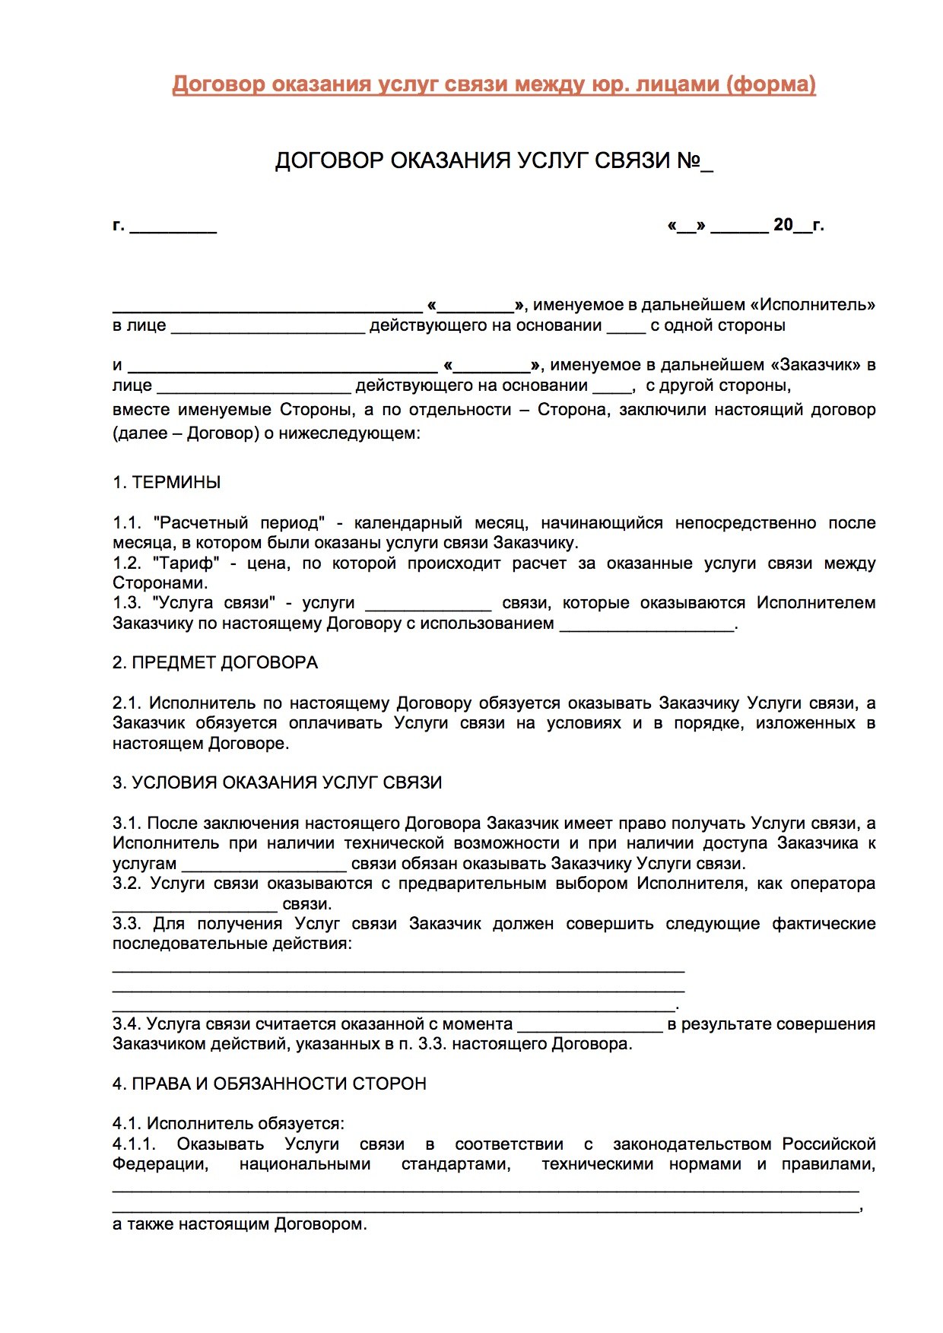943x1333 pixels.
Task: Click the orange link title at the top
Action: click(494, 84)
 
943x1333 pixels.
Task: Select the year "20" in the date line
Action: click(783, 225)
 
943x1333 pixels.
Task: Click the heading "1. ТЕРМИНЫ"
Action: click(167, 482)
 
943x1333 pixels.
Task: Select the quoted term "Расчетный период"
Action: click(239, 523)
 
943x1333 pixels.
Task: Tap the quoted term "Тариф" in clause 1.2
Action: click(186, 563)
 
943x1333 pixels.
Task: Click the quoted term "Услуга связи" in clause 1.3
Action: click(214, 603)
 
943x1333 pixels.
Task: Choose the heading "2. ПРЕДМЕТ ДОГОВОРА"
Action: click(215, 662)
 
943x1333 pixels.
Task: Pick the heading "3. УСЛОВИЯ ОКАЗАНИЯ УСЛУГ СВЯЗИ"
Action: click(277, 782)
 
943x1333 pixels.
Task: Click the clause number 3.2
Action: click(126, 884)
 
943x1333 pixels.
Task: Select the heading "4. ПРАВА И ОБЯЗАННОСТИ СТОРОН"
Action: click(269, 1084)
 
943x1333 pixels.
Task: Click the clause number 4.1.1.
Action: click(134, 1144)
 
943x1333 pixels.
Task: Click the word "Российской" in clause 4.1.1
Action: click(829, 1144)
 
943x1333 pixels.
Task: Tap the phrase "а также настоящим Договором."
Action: click(240, 1224)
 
